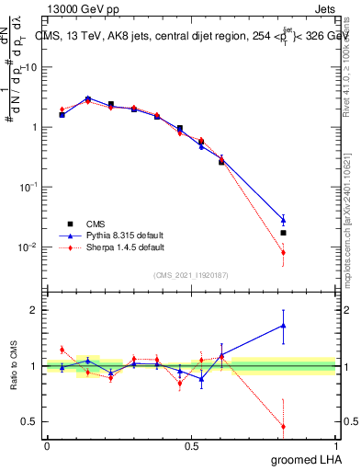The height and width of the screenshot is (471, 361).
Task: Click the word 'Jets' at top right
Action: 325,7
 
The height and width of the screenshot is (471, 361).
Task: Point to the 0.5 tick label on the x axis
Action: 191,445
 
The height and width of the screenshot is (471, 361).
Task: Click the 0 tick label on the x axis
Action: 47,445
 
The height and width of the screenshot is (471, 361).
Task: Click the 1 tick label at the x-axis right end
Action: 335,445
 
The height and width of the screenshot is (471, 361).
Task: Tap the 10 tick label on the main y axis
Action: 31,67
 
